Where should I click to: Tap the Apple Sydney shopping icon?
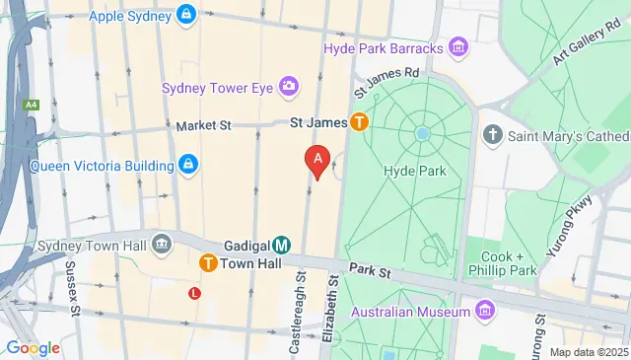(185, 15)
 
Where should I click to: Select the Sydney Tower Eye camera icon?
(289, 89)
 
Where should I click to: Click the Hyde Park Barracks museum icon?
(456, 46)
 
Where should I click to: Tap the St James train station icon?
(360, 123)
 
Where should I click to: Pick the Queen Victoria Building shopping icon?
(188, 165)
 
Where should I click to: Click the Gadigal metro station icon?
(281, 244)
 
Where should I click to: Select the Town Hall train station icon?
(208, 263)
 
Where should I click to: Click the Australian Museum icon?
(484, 312)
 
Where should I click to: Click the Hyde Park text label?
(414, 171)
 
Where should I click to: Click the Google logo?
(32, 347)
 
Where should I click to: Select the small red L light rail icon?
(194, 293)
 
